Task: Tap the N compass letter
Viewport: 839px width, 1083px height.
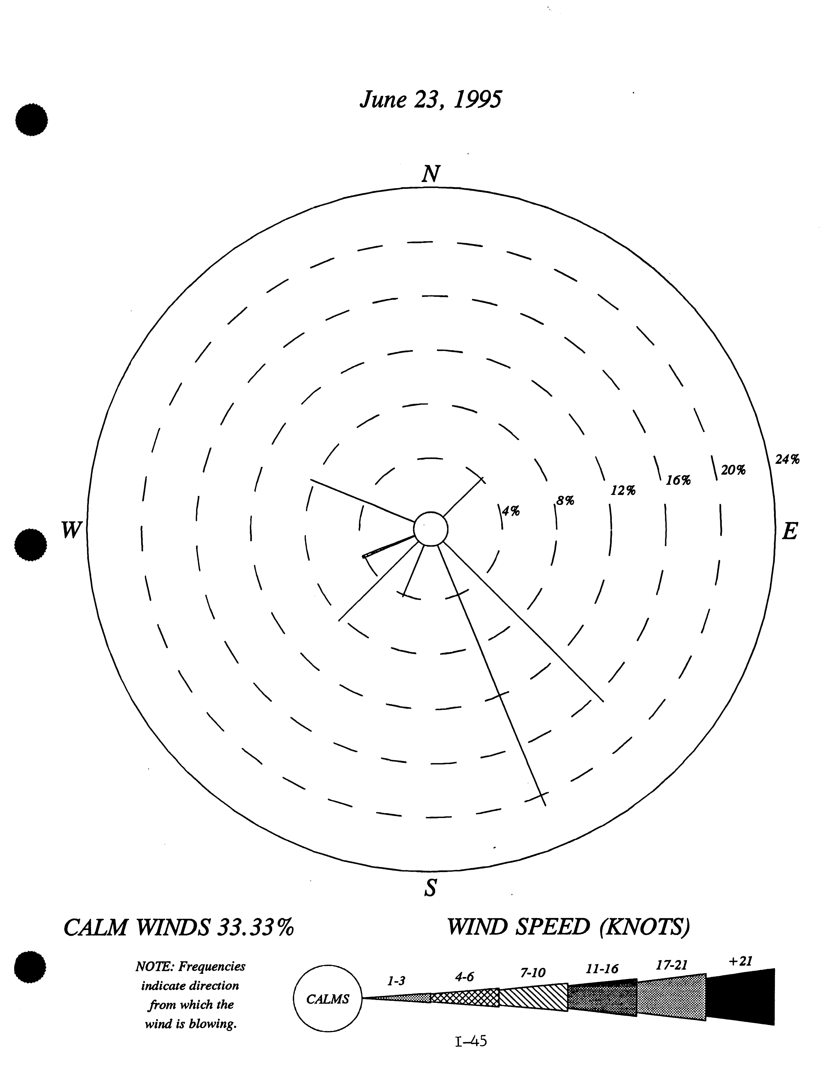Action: (x=431, y=174)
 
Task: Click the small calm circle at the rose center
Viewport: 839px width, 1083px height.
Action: (x=431, y=529)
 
